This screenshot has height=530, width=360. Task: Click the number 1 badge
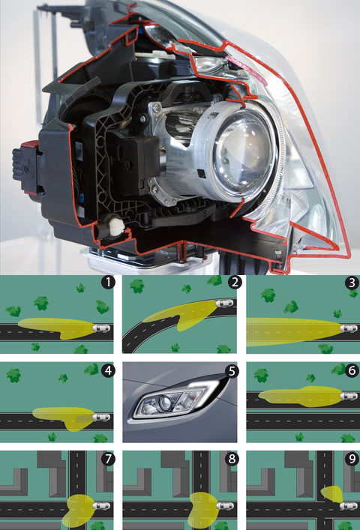tap(108, 282)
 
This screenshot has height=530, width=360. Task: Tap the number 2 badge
tap(235, 282)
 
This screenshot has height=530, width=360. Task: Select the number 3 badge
tap(352, 283)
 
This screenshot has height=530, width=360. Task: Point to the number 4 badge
tap(108, 371)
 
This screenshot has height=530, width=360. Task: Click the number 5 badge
tap(232, 371)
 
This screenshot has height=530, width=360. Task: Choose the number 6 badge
tap(352, 371)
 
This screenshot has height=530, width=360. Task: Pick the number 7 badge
tap(108, 459)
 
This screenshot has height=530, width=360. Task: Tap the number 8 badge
tap(232, 459)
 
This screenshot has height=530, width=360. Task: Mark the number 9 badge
tap(352, 459)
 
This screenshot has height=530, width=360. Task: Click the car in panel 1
tap(101, 328)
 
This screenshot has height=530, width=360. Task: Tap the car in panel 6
tap(349, 396)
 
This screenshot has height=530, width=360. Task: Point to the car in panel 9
tap(349, 506)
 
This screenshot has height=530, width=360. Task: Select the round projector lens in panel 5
tap(165, 403)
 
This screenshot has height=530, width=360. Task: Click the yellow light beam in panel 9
tap(332, 495)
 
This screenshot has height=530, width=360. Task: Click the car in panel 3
tap(349, 328)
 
